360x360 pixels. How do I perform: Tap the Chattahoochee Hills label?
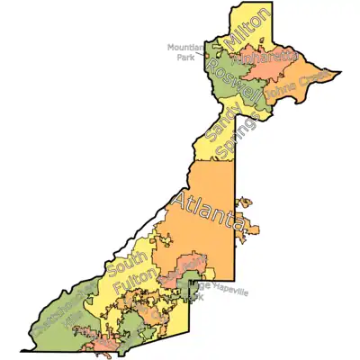point(59,310)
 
